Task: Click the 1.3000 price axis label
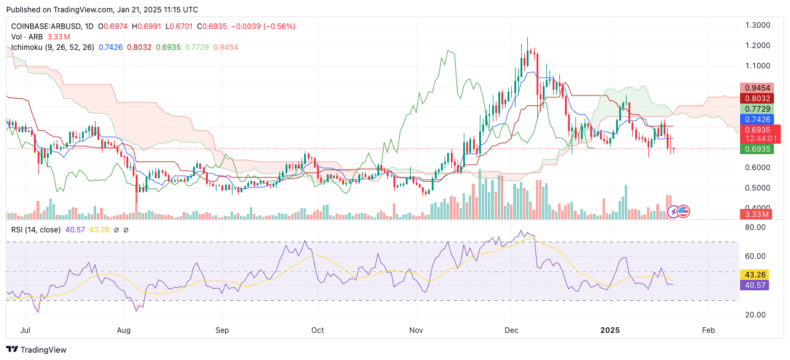coord(758,25)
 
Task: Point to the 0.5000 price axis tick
coord(758,187)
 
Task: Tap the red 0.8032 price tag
coord(755,98)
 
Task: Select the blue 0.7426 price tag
coord(755,119)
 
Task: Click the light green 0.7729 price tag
coord(755,108)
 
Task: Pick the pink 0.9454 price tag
coord(755,88)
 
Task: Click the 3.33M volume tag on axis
coord(755,214)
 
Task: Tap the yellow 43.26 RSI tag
coord(755,274)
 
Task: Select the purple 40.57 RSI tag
coord(755,285)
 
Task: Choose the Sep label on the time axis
coord(223,330)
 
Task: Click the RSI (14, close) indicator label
coord(36,230)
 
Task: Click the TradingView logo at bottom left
coord(36,350)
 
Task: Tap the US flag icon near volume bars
coord(683,211)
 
